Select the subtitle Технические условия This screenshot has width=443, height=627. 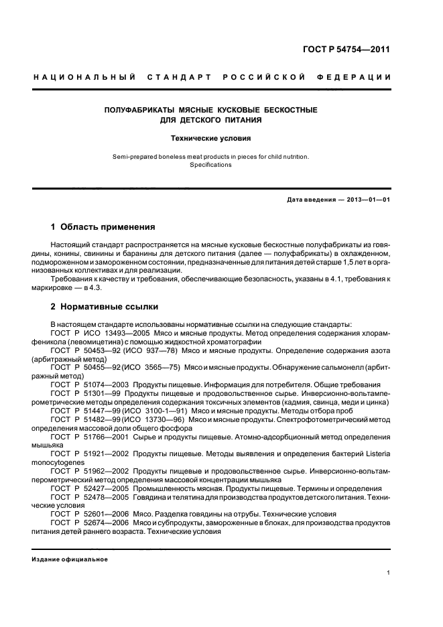(210, 139)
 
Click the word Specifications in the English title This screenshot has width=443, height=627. (210, 164)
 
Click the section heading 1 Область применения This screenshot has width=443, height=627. (103, 227)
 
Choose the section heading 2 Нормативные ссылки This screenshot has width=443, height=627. (105, 307)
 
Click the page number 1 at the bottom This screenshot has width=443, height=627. (389, 573)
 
